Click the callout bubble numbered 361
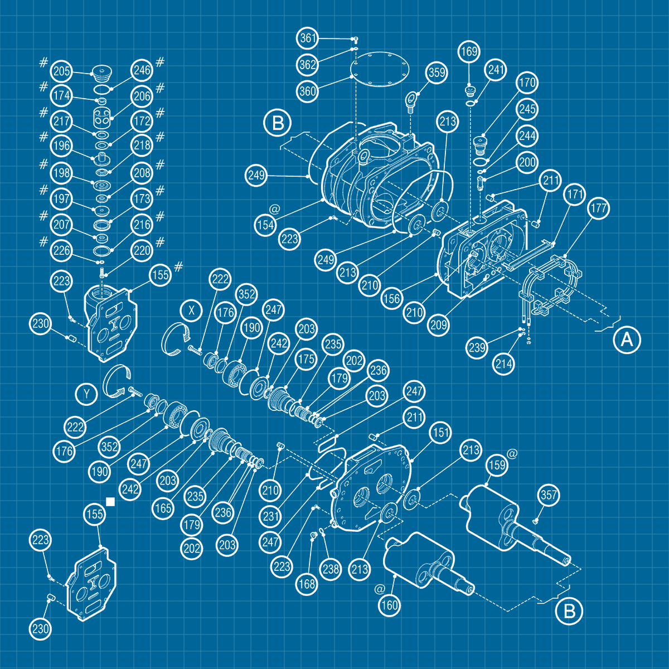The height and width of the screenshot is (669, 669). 308,38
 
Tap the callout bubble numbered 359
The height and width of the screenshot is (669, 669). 437,72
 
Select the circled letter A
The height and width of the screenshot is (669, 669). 627,339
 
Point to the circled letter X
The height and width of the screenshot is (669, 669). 191,311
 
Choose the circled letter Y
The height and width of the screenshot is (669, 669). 86,394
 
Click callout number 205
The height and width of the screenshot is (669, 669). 61,71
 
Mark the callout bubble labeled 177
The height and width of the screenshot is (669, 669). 599,209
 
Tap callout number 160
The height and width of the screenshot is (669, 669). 389,606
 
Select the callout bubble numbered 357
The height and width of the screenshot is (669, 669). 549,495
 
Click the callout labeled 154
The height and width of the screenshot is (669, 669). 265,225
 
